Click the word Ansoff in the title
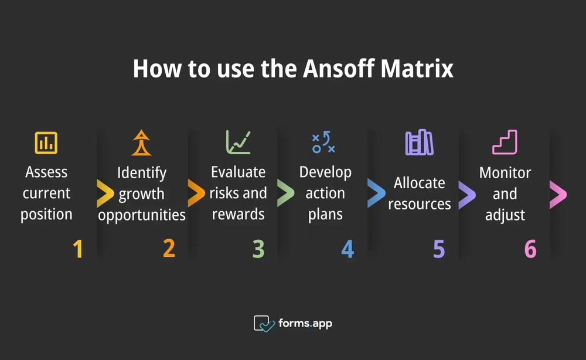[x=336, y=69]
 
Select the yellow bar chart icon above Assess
[x=46, y=142]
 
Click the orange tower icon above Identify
[x=141, y=142]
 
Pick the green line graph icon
[x=238, y=142]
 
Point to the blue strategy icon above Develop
[x=323, y=142]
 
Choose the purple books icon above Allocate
[x=419, y=142]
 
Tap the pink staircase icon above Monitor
[x=505, y=142]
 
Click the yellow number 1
[x=77, y=249]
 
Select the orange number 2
[x=169, y=249]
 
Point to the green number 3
[x=258, y=249]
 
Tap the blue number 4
[x=347, y=249]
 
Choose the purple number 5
[x=439, y=249]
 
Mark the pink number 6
[x=530, y=249]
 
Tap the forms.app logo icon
[x=264, y=323]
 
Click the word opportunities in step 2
[x=142, y=215]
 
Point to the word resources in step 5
[x=420, y=204]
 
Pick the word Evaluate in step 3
[x=238, y=172]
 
